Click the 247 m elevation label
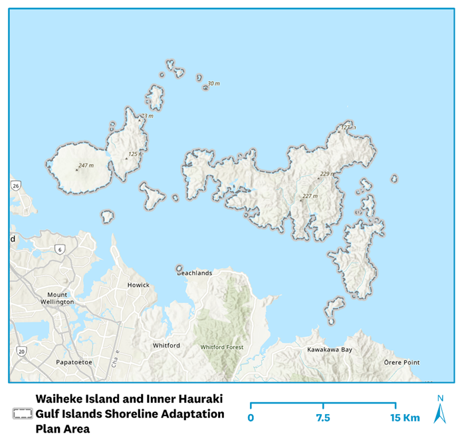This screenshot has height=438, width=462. click(x=86, y=165)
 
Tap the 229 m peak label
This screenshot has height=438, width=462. click(x=324, y=174)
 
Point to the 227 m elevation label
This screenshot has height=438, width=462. click(x=310, y=196)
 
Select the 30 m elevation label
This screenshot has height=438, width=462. click(x=213, y=84)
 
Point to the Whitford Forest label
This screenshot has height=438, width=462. click(x=221, y=347)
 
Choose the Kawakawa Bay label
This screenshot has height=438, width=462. click(x=329, y=350)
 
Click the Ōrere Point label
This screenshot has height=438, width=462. click(x=402, y=362)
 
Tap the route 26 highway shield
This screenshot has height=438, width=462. click(x=15, y=185)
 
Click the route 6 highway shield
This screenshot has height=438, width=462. click(x=60, y=249)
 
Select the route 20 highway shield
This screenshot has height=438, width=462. click(x=21, y=350)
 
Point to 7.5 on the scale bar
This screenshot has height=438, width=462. click(x=323, y=418)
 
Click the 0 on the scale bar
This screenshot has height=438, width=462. click(x=251, y=418)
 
